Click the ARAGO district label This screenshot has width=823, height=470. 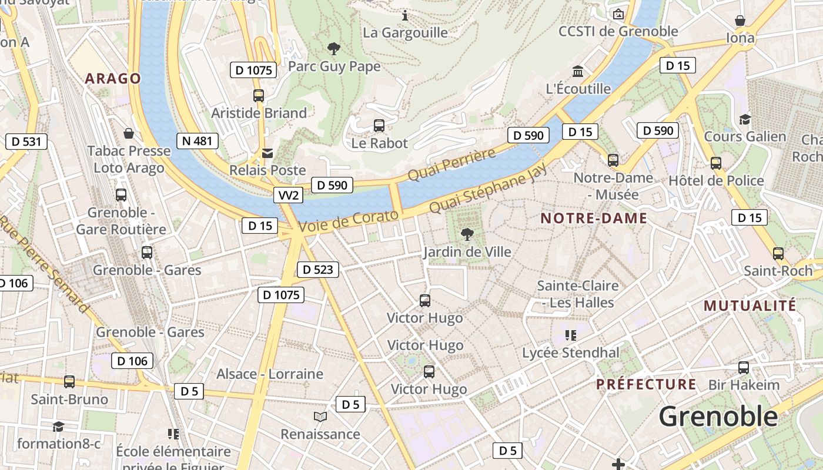click(113, 79)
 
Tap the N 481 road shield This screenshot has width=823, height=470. click(198, 141)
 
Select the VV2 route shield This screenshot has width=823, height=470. click(288, 195)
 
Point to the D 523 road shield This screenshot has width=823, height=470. click(318, 270)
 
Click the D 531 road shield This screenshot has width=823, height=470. click(26, 141)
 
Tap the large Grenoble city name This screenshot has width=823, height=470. click(718, 417)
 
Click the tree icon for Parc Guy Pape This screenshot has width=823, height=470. click(334, 48)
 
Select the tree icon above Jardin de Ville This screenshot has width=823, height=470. click(467, 234)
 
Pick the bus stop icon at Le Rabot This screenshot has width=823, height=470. click(379, 125)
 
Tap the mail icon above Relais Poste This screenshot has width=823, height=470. click(267, 153)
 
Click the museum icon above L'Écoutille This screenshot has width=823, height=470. click(578, 72)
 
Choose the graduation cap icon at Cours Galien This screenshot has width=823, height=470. click(745, 119)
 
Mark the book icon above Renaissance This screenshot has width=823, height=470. click(320, 417)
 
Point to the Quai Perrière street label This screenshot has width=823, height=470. click(451, 165)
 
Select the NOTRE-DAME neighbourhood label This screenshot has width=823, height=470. click(594, 219)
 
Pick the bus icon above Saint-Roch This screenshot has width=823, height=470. click(778, 254)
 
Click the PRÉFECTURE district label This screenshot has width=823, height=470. click(646, 385)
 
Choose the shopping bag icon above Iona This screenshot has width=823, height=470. click(740, 21)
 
